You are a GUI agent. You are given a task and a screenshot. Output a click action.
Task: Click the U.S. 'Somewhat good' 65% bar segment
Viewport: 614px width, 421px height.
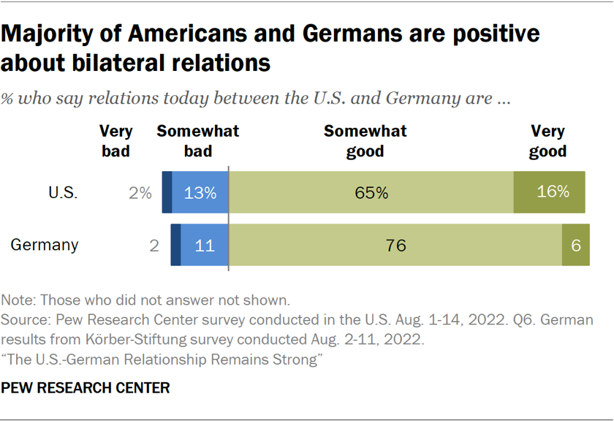[x=371, y=193]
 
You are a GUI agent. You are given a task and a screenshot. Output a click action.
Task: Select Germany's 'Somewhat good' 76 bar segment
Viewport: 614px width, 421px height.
[x=395, y=245]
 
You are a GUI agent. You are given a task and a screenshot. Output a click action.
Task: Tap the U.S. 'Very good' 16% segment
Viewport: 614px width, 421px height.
[x=550, y=193]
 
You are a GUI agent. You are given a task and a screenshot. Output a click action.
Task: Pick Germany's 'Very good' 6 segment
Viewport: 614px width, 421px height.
[x=576, y=245]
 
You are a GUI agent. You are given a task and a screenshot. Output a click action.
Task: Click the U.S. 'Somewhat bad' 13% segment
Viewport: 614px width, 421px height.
[x=200, y=193]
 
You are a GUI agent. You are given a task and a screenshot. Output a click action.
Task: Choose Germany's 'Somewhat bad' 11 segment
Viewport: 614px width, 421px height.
[x=205, y=245]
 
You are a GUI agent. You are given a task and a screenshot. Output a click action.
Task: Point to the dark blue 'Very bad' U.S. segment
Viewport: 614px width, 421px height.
[x=167, y=193]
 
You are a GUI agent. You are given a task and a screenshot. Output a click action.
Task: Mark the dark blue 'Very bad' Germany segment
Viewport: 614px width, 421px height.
[x=175, y=245]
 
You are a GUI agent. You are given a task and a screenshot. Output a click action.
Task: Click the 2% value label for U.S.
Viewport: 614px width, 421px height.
[x=139, y=194]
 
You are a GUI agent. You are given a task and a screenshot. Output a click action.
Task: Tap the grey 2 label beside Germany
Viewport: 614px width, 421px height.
[x=154, y=246]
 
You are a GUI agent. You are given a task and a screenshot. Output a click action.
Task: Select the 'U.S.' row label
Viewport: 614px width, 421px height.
[x=63, y=194]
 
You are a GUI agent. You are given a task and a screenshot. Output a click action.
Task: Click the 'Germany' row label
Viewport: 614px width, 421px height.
[x=45, y=245]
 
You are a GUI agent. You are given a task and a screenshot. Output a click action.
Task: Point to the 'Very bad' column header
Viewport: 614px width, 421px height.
[x=115, y=141]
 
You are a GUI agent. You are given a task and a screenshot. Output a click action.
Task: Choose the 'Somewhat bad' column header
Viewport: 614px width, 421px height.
[x=198, y=141]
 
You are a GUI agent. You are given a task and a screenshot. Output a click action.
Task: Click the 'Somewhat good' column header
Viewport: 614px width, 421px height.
[x=365, y=141]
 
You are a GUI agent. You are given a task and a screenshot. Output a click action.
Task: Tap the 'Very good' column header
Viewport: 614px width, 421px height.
[x=548, y=141]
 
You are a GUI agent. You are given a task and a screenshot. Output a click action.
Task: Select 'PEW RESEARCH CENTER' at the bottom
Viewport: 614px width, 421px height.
[x=86, y=388]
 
